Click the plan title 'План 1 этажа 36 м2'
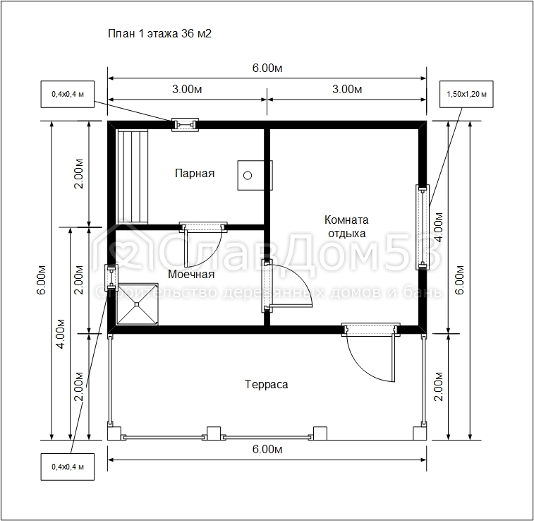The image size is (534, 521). click(159, 33)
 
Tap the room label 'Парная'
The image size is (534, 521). click(195, 174)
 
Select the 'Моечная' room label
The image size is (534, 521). click(191, 275)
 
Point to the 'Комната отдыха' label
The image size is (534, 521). click(346, 227)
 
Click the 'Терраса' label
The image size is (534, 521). click(267, 384)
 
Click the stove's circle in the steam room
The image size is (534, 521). click(248, 176)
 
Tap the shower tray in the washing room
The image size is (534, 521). click(137, 304)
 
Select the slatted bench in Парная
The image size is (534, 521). click(133, 176)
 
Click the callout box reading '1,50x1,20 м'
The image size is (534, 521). click(466, 94)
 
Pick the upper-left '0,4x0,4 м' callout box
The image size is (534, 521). click(68, 94)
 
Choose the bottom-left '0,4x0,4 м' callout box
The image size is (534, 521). click(68, 467)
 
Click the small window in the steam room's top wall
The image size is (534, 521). click(185, 125)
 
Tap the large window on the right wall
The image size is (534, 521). click(423, 227)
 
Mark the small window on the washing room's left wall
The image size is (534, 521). click(111, 277)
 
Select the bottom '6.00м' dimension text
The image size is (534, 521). click(267, 450)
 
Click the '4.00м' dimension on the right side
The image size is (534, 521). click(439, 227)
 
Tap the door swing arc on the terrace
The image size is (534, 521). click(361, 367)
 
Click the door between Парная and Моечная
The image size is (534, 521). click(203, 227)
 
